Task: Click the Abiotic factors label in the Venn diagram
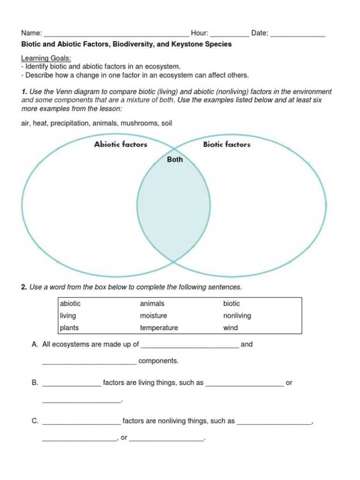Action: (121, 144)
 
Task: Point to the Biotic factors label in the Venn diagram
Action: (227, 144)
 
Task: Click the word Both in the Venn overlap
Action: (175, 160)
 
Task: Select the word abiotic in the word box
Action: (70, 303)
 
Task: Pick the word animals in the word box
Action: (152, 303)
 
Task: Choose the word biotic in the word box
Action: (232, 303)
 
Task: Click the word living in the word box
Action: (68, 316)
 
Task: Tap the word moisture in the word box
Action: (153, 316)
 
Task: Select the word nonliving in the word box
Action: (237, 316)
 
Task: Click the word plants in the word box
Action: (69, 328)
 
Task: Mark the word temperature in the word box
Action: (159, 328)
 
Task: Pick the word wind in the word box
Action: (231, 328)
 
